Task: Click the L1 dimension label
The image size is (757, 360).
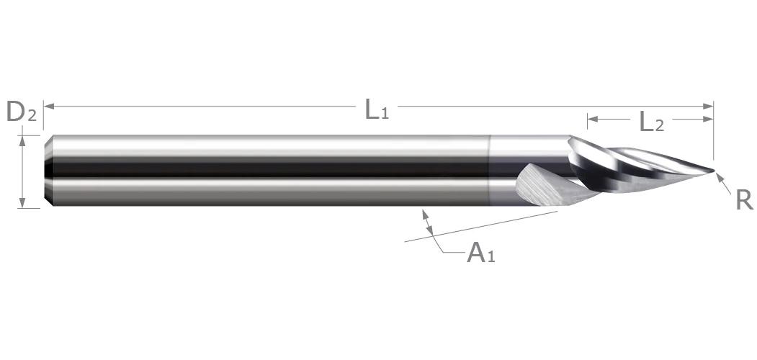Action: [377, 109]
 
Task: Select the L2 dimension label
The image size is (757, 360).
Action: [651, 122]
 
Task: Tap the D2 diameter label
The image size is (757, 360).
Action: [21, 112]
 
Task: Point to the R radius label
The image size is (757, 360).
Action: [744, 200]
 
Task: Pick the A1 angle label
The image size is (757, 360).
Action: [481, 253]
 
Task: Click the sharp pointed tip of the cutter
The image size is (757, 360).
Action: [713, 170]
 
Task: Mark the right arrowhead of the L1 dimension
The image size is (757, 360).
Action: [708, 106]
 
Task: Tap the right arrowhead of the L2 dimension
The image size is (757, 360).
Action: [708, 120]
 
